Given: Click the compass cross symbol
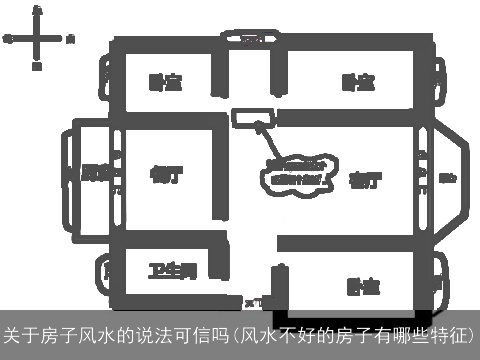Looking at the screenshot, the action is point(37,39).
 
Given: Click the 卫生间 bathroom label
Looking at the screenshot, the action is point(171,271).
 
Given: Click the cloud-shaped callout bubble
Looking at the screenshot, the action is point(298,171).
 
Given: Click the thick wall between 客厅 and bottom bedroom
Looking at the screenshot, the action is point(345,243).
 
